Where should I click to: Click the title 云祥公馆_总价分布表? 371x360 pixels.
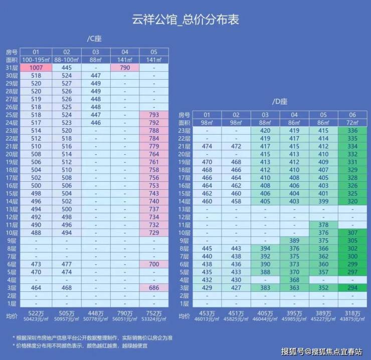click(185, 20)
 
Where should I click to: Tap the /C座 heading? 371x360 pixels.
click(94, 39)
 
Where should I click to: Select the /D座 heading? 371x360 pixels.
click(279, 102)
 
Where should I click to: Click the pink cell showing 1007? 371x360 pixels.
click(36, 68)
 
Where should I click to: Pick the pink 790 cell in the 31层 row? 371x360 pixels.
click(125, 68)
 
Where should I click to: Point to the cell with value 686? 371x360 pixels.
click(154, 288)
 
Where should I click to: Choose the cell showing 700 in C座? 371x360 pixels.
click(154, 264)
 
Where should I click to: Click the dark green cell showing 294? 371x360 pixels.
click(352, 288)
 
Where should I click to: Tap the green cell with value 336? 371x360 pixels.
click(352, 131)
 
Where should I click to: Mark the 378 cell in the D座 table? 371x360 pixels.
click(323, 225)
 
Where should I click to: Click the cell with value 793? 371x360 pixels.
click(154, 115)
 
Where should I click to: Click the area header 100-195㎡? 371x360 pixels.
click(36, 60)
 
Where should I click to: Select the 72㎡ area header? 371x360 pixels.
click(352, 123)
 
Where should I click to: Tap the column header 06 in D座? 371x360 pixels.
click(352, 115)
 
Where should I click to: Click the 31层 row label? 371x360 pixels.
click(12, 68)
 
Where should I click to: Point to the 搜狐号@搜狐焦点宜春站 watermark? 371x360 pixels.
click(321, 351)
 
